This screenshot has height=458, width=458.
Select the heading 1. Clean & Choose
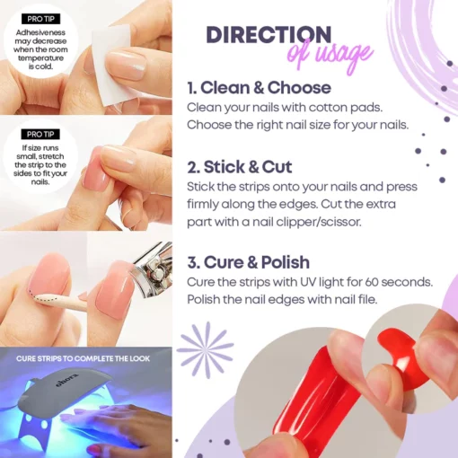[259, 88]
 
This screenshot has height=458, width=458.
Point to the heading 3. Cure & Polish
[248, 263]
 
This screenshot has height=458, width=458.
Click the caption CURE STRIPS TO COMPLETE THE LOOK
[86, 359]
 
